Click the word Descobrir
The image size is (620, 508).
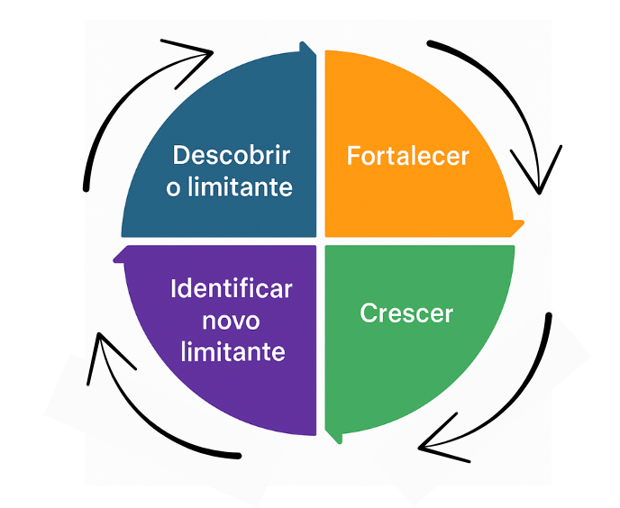231,155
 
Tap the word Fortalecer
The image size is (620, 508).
407,156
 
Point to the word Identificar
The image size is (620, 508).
231,289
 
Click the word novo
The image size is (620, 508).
231,320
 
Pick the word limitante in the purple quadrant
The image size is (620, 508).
232,351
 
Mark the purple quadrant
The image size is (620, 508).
180,378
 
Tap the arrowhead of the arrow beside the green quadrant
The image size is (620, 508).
433,441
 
